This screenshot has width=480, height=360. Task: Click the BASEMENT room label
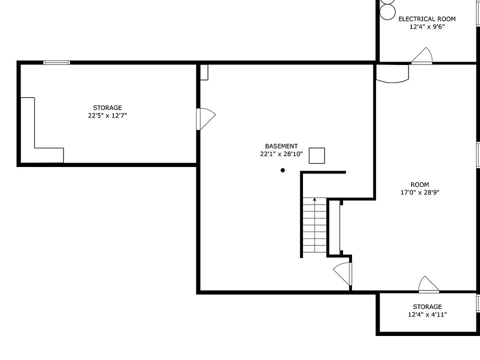click(x=281, y=146)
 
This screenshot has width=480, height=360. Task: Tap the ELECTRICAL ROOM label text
click(x=426, y=19)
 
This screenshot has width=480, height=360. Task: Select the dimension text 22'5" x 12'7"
click(x=107, y=115)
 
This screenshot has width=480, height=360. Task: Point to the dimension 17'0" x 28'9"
click(x=420, y=192)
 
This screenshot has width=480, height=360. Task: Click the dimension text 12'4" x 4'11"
click(x=427, y=314)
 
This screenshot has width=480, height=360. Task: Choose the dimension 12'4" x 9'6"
click(x=427, y=27)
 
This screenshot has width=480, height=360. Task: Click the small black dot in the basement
click(x=283, y=170)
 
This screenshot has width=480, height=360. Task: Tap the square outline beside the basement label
click(x=317, y=155)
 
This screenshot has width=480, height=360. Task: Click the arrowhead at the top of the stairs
click(x=314, y=199)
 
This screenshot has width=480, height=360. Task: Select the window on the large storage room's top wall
click(x=56, y=63)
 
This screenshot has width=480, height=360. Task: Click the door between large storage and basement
click(x=205, y=119)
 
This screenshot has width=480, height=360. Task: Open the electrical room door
click(x=422, y=56)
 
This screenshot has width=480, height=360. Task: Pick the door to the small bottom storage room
click(x=429, y=284)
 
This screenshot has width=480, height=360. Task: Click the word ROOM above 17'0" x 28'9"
click(x=419, y=184)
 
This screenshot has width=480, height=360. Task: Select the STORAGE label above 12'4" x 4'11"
click(x=427, y=306)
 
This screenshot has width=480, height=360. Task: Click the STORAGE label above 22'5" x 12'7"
click(x=107, y=108)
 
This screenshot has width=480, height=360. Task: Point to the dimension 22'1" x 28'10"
click(x=281, y=154)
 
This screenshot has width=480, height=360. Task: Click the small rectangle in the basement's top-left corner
click(x=204, y=72)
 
